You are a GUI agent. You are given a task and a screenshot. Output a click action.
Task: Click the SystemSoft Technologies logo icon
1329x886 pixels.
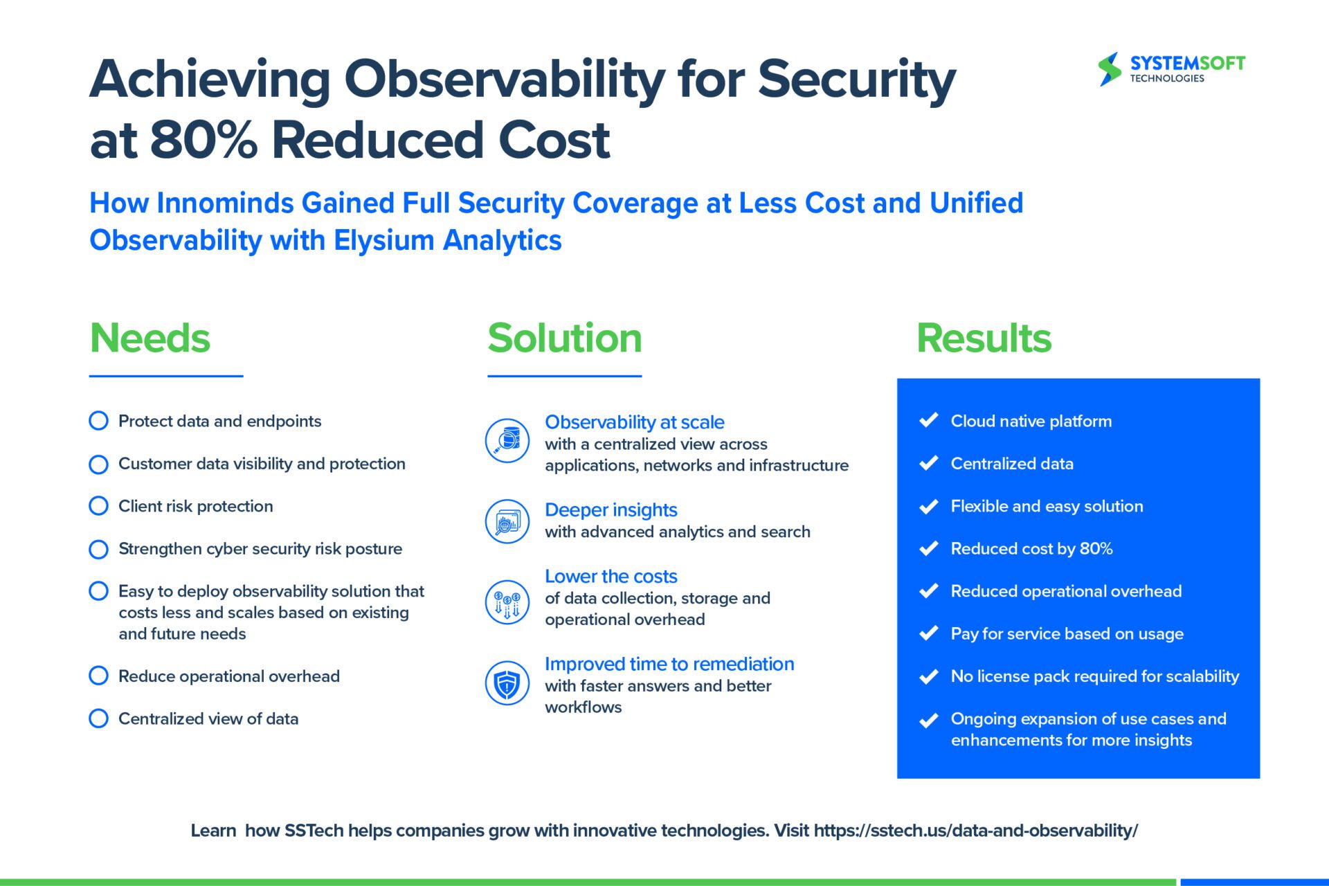[1109, 69]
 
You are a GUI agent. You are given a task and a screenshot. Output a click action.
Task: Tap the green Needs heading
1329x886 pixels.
[150, 338]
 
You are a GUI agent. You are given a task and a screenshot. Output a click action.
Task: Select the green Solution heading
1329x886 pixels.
[565, 338]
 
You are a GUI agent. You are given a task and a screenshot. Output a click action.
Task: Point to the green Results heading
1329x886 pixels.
[984, 338]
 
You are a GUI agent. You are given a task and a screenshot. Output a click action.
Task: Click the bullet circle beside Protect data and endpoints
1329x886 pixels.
[99, 421]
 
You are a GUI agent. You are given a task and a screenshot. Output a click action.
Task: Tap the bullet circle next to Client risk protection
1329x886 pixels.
[99, 506]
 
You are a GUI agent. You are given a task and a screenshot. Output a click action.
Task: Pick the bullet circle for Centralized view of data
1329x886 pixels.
[99, 718]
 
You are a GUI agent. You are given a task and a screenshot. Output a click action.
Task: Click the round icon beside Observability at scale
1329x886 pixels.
[507, 441]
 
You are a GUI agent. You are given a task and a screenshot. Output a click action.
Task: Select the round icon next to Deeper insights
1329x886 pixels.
[507, 521]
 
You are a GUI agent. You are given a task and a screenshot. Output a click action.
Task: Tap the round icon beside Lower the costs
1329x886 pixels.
[507, 602]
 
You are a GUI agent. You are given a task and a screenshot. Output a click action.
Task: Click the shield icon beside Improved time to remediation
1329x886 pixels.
[507, 683]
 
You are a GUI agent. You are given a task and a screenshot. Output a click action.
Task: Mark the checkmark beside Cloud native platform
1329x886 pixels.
[928, 420]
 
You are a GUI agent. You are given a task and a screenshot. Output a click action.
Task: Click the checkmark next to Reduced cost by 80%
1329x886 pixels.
[928, 548]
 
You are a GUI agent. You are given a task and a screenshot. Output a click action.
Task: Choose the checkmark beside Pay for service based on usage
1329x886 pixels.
[928, 633]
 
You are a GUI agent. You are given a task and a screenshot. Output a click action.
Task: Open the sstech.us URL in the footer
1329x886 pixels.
[975, 831]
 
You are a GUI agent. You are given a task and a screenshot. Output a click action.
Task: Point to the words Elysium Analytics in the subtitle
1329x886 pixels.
[447, 241]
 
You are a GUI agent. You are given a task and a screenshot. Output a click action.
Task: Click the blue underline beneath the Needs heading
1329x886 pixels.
[166, 377]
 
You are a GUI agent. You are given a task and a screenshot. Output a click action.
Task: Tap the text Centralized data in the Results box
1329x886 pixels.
[1012, 464]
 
